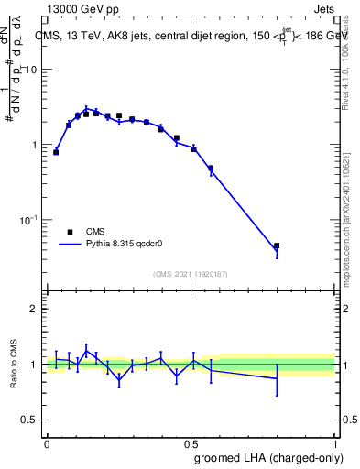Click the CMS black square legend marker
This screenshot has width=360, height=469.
click(70, 232)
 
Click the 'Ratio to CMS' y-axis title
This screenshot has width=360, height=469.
click(13, 365)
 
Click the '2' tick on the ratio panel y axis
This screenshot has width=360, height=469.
click(36, 310)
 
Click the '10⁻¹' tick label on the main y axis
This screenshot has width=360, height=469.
click(29, 220)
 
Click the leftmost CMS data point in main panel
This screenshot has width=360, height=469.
click(56, 152)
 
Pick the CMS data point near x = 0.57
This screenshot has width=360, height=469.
click(211, 169)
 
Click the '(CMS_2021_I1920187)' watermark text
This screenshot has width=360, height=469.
click(190, 273)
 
